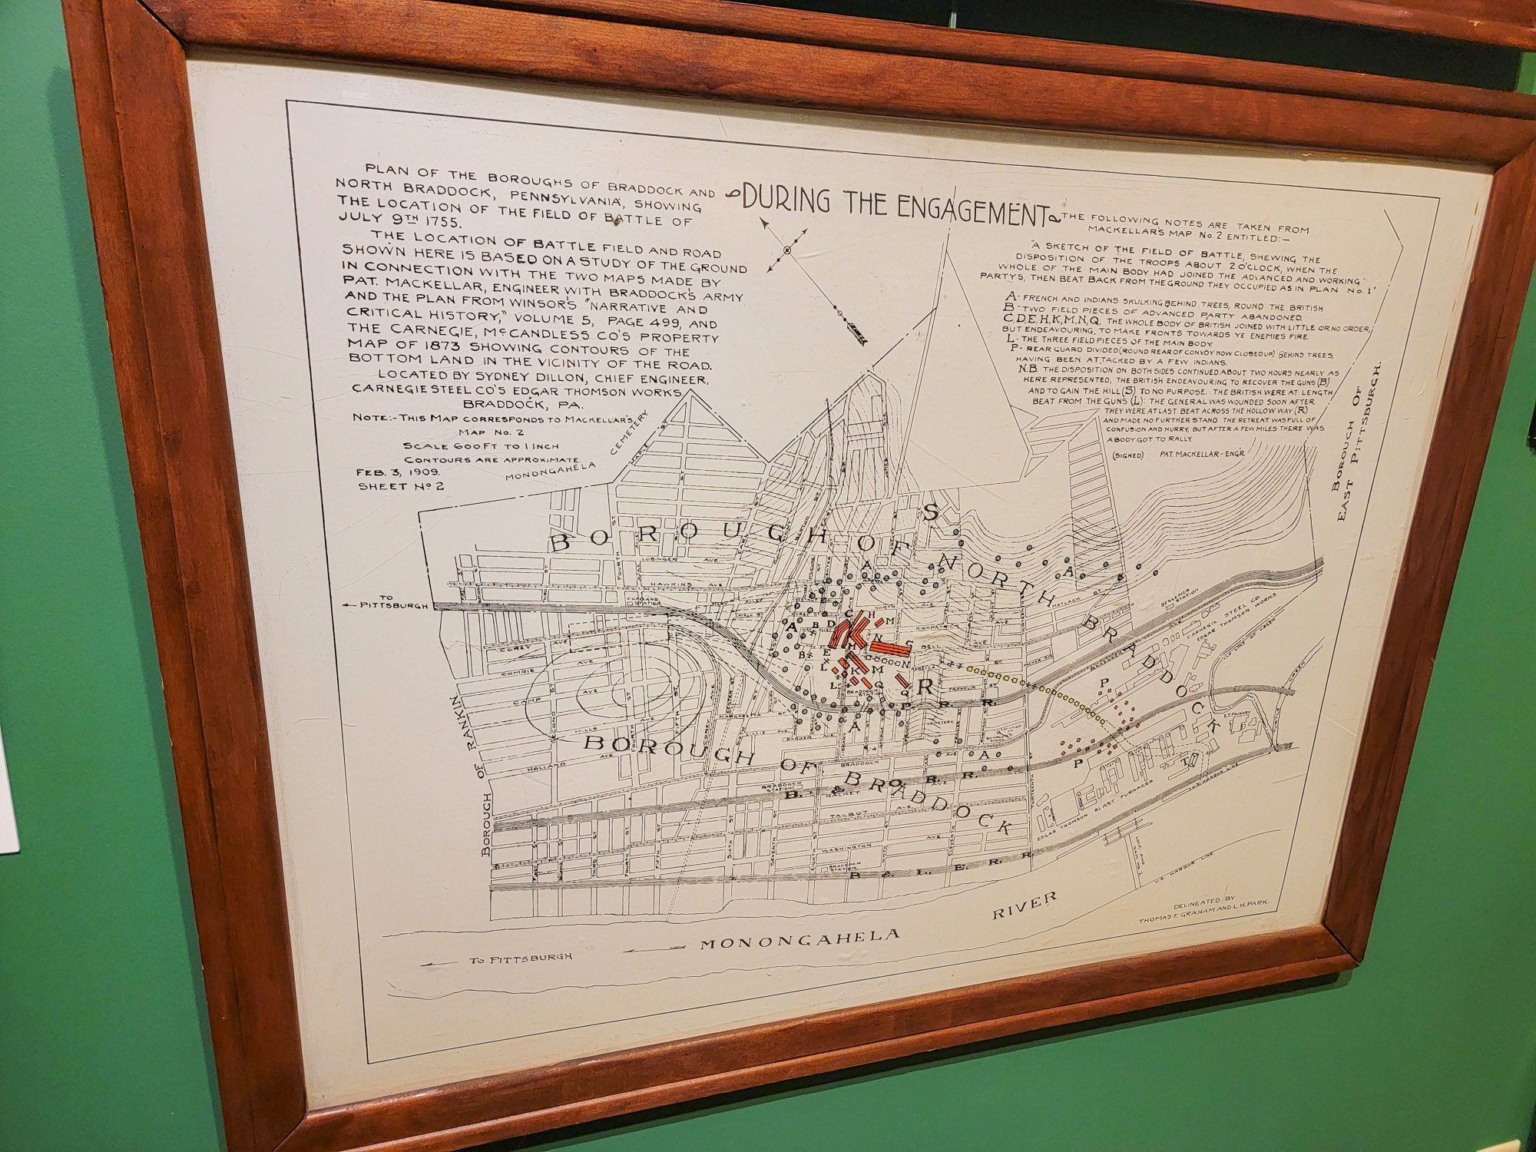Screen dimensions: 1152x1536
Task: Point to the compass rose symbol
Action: click(x=787, y=250)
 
